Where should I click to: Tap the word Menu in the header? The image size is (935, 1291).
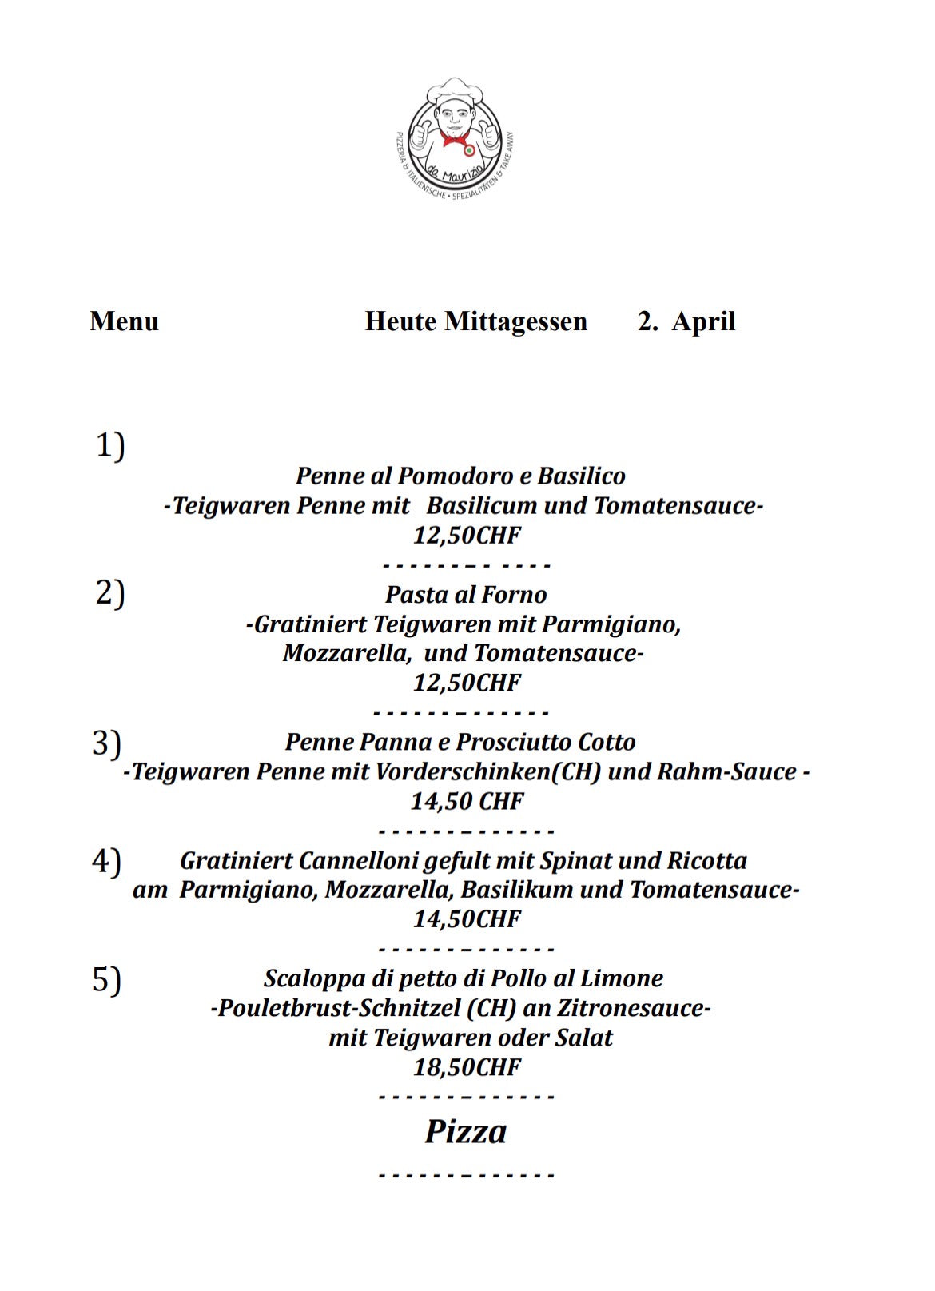point(124,321)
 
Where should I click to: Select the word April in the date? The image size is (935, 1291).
point(703,321)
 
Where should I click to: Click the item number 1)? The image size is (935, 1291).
point(110,445)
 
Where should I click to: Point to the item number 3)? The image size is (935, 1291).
point(106,743)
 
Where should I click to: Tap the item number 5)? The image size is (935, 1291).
point(106,979)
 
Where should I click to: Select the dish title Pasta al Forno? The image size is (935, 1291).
point(466,595)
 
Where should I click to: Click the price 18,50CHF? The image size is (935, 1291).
point(467,1067)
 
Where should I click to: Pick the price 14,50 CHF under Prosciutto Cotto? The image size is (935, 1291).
point(467,801)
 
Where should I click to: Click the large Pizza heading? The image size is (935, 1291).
point(466,1132)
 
